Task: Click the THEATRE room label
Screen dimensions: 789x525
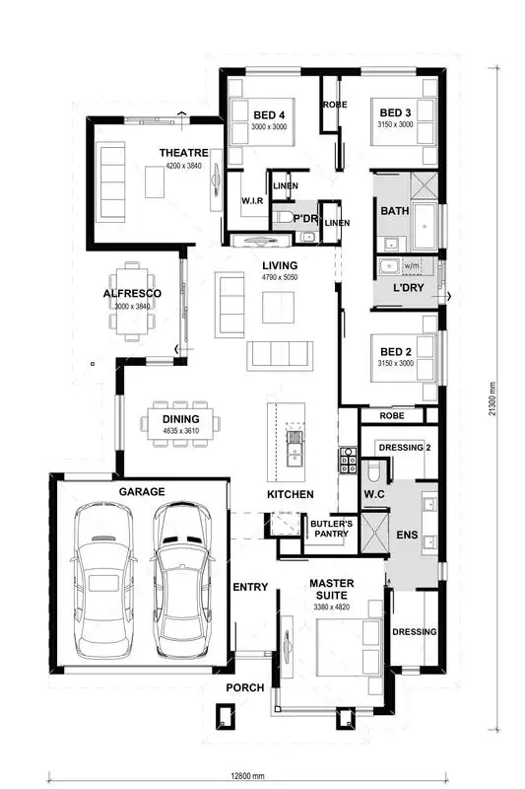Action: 184,153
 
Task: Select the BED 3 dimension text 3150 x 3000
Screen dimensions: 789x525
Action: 394,125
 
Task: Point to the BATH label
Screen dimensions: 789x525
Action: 394,211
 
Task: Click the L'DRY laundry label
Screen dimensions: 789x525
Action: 408,288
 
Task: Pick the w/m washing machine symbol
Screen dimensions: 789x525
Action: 411,265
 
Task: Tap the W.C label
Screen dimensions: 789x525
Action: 372,493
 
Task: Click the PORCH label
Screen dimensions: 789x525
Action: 244,687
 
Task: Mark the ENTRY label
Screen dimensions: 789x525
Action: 250,588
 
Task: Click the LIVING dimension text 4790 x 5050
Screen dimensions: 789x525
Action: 279,278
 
